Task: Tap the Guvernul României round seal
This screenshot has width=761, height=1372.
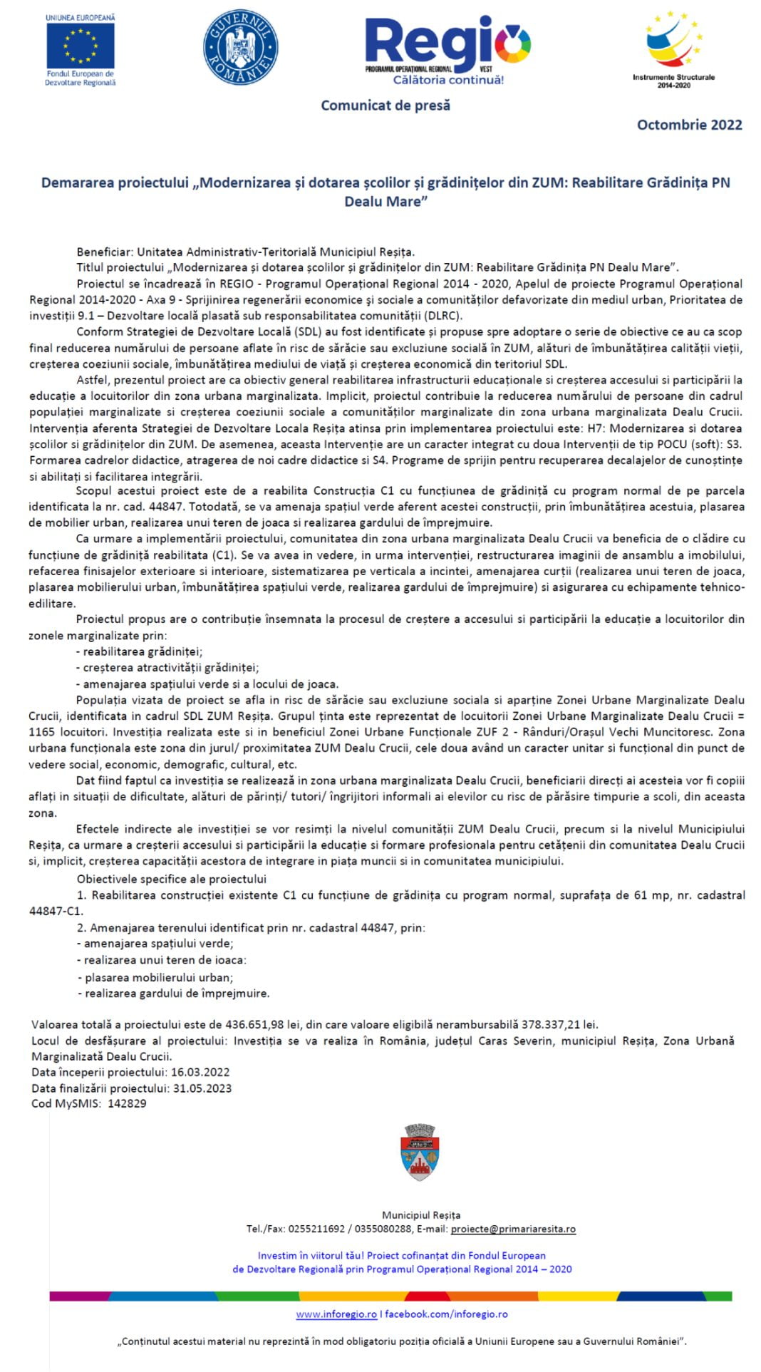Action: coord(241,47)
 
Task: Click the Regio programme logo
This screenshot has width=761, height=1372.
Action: coord(447,48)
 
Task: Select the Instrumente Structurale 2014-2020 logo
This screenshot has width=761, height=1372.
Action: coord(673,48)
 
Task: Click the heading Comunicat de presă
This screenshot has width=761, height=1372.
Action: coord(385,105)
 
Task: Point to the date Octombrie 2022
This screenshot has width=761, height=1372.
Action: coord(689,125)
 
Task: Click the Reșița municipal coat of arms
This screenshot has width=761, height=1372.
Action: coord(420,1152)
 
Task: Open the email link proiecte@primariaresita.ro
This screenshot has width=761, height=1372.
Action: coord(513,1229)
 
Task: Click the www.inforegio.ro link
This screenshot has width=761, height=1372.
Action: coord(336,1314)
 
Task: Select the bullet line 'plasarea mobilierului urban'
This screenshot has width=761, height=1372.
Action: coord(158,977)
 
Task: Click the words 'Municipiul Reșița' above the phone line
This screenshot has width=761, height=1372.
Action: coord(421,1214)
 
